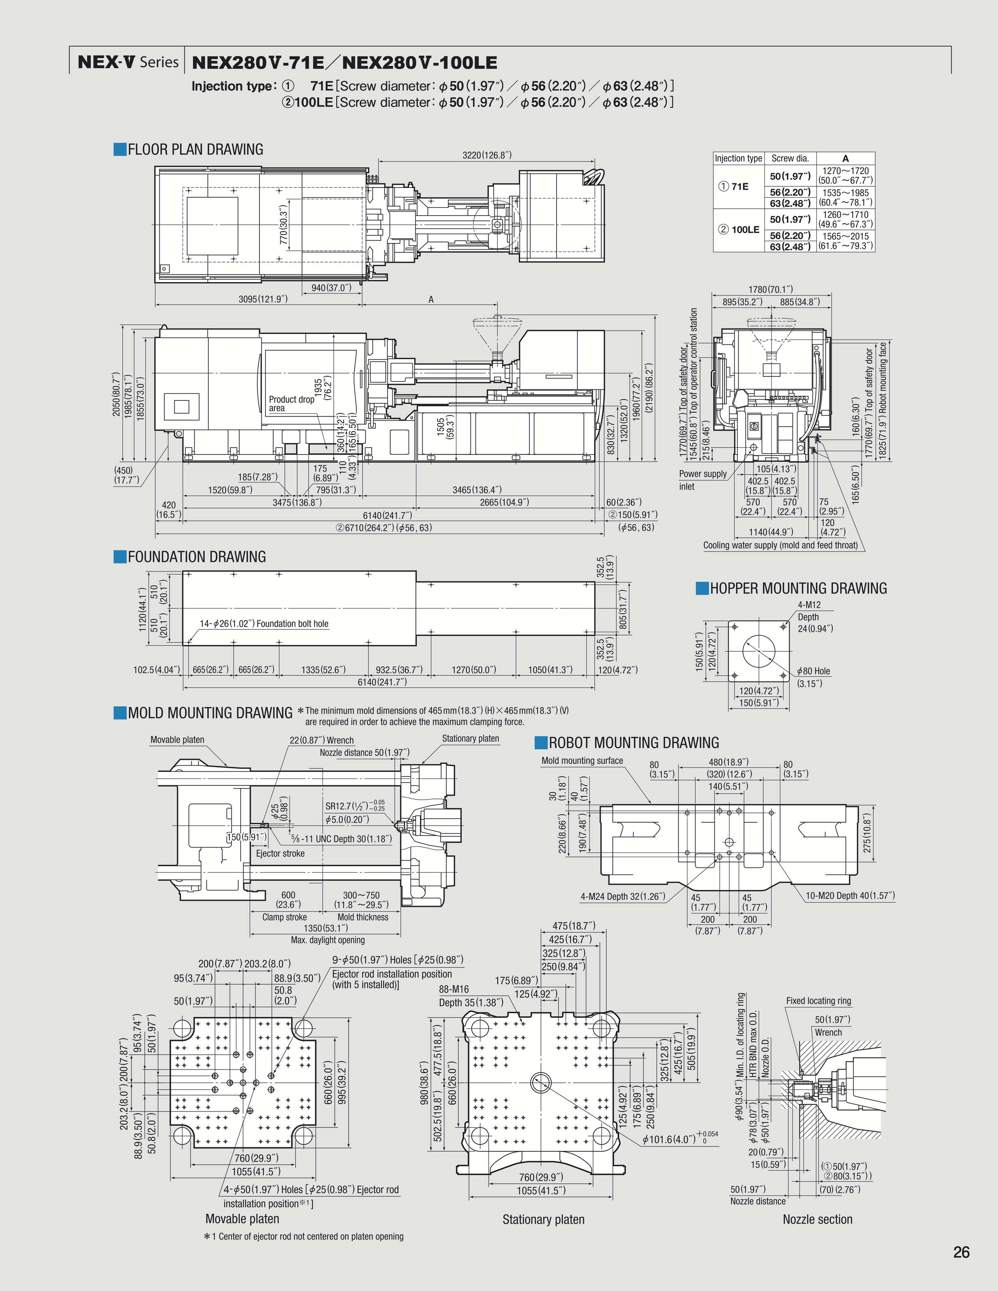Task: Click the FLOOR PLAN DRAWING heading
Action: pyautogui.click(x=195, y=150)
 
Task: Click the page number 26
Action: pyautogui.click(x=961, y=1252)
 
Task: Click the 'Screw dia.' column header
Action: pyautogui.click(x=790, y=158)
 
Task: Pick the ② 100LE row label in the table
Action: pyautogui.click(x=739, y=230)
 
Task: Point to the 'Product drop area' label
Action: pyautogui.click(x=291, y=404)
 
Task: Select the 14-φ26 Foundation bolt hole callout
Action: pyautogui.click(x=264, y=624)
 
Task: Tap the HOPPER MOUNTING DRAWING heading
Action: pyautogui.click(x=798, y=588)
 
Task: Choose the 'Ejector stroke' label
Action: pyautogui.click(x=280, y=854)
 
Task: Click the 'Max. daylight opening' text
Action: pyautogui.click(x=327, y=940)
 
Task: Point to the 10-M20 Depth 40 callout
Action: pyautogui.click(x=849, y=896)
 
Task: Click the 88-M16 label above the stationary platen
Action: pyautogui.click(x=453, y=989)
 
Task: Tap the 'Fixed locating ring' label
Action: pyautogui.click(x=818, y=1001)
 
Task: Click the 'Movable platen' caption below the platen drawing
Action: pyautogui.click(x=242, y=1218)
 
